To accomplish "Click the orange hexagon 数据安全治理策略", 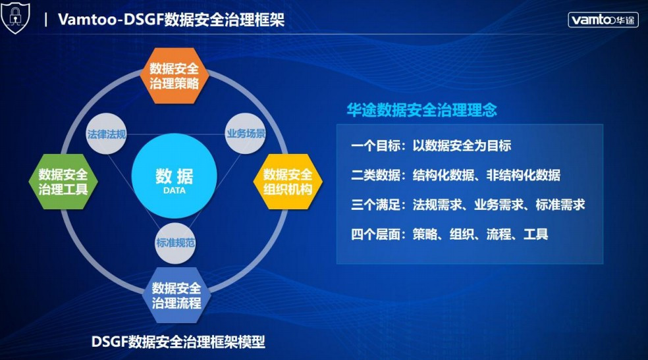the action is click(x=174, y=76).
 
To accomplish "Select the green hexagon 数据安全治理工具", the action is click(x=63, y=182).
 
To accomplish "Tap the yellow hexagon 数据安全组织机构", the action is click(x=288, y=182).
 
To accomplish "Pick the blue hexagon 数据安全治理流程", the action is click(x=176, y=296).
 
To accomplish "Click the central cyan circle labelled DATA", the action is click(x=174, y=176).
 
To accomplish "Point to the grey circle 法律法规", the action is click(x=106, y=134).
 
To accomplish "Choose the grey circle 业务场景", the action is click(x=246, y=134).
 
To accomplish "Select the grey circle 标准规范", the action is click(x=175, y=243).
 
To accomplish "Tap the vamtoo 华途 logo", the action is click(x=603, y=19).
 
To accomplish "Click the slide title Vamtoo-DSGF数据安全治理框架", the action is click(x=171, y=19).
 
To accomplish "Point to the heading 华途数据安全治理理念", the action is click(x=421, y=110).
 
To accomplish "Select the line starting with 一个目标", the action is click(x=431, y=145).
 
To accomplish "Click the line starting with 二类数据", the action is click(x=456, y=175).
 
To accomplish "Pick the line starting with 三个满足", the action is click(x=468, y=205).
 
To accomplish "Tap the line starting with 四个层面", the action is click(x=449, y=234).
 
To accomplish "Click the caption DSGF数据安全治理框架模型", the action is click(x=178, y=342).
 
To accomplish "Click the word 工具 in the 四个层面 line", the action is click(x=536, y=234).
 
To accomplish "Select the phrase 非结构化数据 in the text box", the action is click(x=524, y=175).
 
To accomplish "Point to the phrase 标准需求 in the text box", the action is click(x=560, y=205).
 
